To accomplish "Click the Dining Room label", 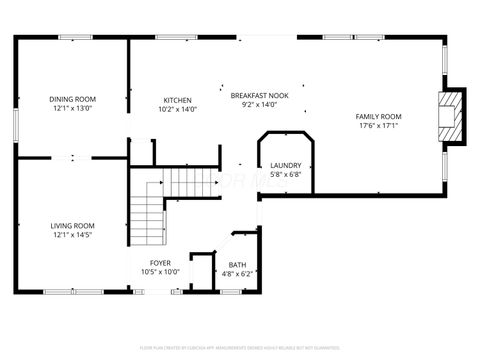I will click(x=73, y=99).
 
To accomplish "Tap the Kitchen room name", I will click(x=178, y=100).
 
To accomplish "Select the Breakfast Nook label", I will click(x=259, y=95).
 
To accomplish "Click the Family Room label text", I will click(x=379, y=117).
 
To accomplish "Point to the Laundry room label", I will click(x=286, y=165).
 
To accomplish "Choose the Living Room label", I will click(x=72, y=225).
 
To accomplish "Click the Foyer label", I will click(x=159, y=262).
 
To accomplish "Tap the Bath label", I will click(x=242, y=263).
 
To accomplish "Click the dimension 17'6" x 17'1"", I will click(x=379, y=127).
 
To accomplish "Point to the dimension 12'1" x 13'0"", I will click(x=73, y=109).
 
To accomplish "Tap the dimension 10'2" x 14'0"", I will click(x=178, y=110).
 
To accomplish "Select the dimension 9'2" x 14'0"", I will click(x=259, y=105).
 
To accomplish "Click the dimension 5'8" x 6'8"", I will click(x=286, y=174).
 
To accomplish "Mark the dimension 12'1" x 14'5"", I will click(x=72, y=235).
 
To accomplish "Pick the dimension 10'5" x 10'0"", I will click(x=159, y=271).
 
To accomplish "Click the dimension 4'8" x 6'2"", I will click(x=242, y=272).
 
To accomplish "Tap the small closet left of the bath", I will click(x=203, y=272).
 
